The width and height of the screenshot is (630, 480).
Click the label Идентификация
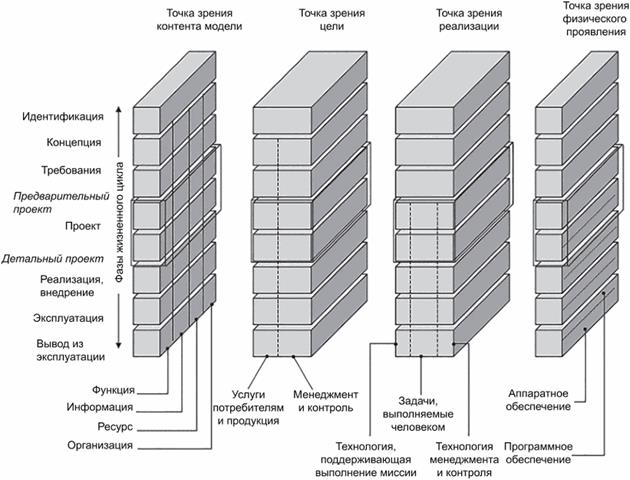67,117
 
